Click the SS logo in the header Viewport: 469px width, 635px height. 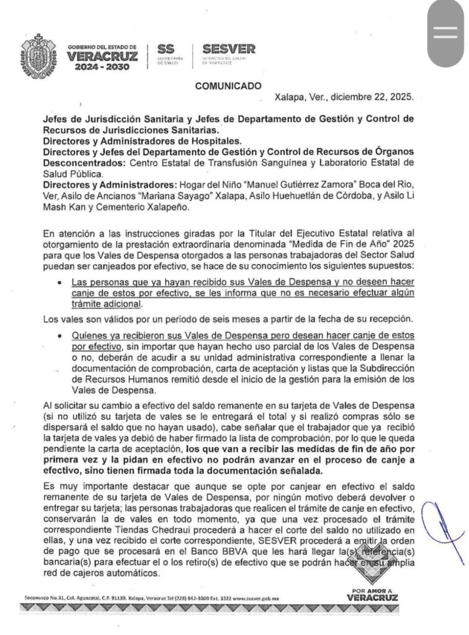coord(167,49)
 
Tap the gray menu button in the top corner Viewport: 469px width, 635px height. coord(445,33)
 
